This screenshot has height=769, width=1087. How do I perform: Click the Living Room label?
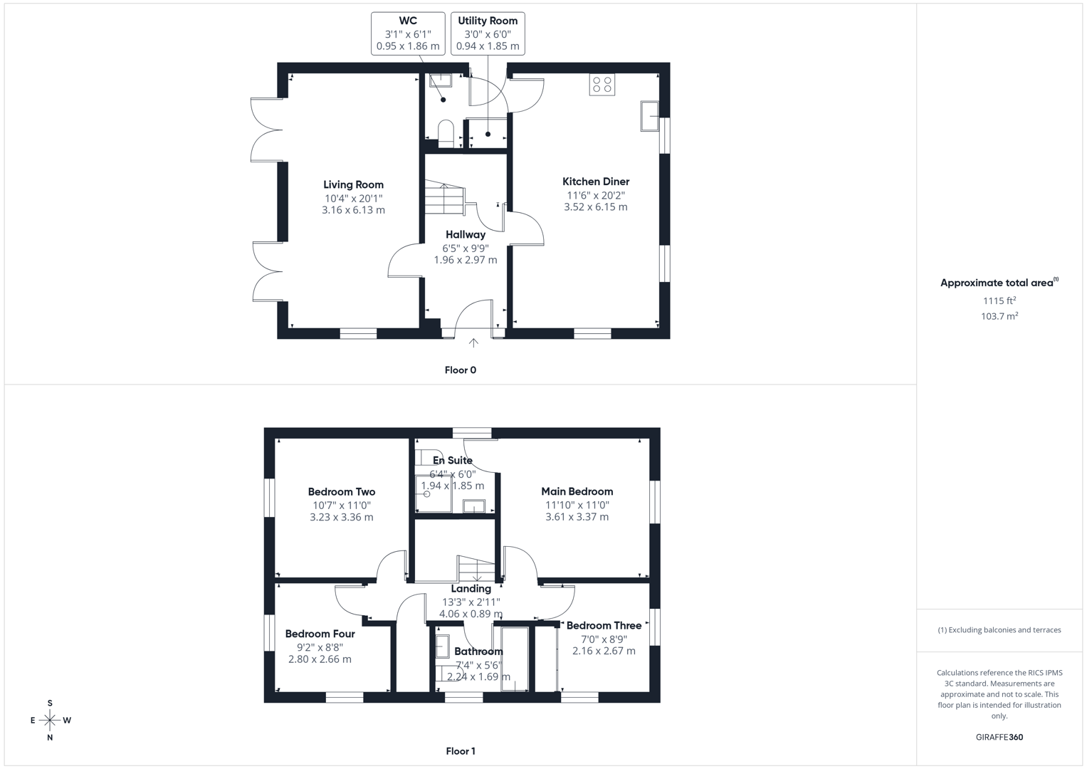click(353, 185)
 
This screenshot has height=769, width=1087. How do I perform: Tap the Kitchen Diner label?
click(596, 182)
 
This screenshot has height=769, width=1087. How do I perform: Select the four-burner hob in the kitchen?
click(602, 85)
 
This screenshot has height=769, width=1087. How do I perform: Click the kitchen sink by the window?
click(649, 116)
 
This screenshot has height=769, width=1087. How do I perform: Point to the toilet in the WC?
click(446, 133)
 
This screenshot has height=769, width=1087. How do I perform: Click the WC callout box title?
click(408, 21)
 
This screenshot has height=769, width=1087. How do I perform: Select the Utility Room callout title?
click(488, 21)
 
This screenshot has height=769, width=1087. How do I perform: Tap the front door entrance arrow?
click(473, 343)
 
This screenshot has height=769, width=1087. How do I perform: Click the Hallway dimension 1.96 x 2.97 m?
click(466, 260)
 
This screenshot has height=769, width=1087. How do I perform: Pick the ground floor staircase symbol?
click(445, 198)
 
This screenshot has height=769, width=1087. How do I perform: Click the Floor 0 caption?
click(461, 370)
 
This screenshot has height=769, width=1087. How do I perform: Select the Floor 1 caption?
click(461, 751)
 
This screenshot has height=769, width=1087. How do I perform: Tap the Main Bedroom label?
click(577, 491)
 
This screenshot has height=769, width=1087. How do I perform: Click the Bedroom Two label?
click(341, 492)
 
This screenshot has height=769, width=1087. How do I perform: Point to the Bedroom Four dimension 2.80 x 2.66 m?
click(320, 659)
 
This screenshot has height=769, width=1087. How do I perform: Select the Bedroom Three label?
click(604, 626)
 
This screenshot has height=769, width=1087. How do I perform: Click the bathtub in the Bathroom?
click(515, 659)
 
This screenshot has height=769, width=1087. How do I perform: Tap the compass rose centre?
click(50, 721)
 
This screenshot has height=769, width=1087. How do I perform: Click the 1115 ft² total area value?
click(999, 301)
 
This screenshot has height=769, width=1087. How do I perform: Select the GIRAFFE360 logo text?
click(999, 738)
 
